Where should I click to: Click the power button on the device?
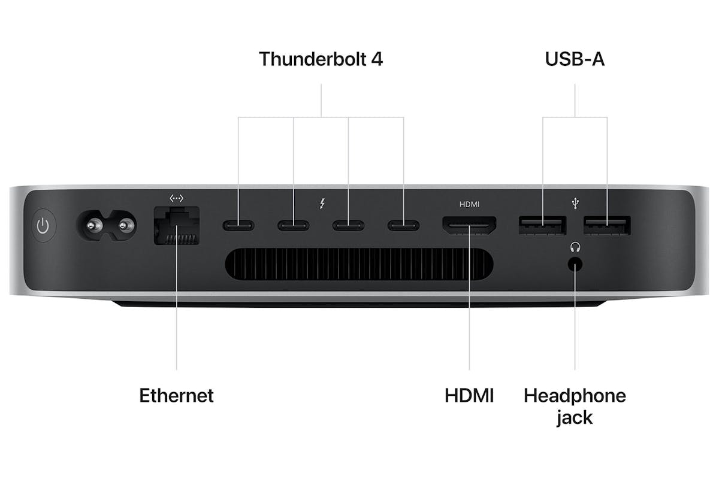tap(44, 226)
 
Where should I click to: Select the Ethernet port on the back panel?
tap(177, 226)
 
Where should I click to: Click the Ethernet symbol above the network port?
tap(177, 198)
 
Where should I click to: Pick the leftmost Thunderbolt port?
tap(238, 226)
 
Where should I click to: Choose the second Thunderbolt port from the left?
tap(294, 226)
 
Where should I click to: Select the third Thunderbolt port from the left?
tap(348, 226)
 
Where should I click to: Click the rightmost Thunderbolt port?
tap(403, 226)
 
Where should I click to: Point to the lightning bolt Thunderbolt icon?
tap(322, 204)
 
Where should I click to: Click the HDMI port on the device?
tap(469, 226)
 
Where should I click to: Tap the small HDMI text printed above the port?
tap(469, 204)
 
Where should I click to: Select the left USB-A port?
tap(542, 226)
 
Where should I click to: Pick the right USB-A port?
tap(607, 226)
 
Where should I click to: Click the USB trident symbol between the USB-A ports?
tap(576, 204)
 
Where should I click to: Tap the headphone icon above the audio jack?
tap(575, 247)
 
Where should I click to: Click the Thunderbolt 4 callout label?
tap(321, 59)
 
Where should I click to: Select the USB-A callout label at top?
tap(575, 59)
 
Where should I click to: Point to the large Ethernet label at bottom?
tap(177, 395)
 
